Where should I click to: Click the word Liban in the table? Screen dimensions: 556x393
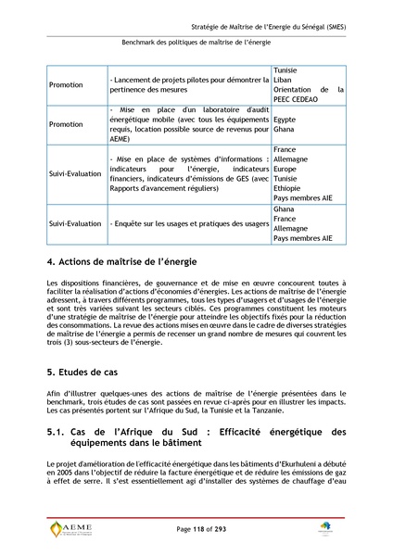284,81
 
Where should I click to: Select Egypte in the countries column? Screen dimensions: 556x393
285,120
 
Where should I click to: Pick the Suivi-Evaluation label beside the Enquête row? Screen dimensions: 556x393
75,223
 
